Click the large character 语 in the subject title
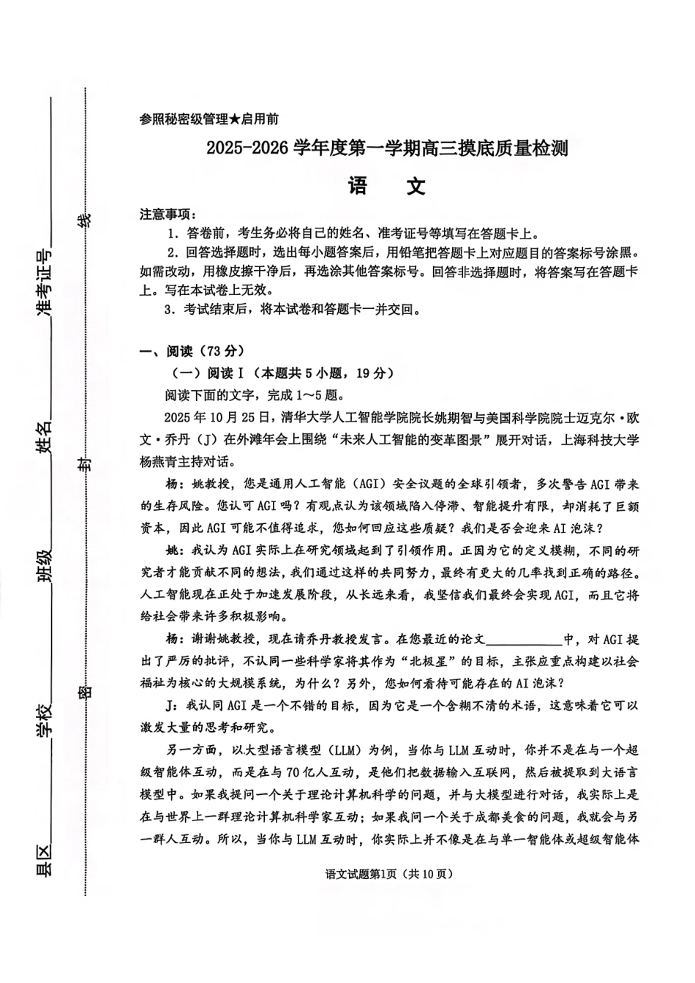point(358,186)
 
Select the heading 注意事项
point(168,214)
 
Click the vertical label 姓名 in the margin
point(45,437)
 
